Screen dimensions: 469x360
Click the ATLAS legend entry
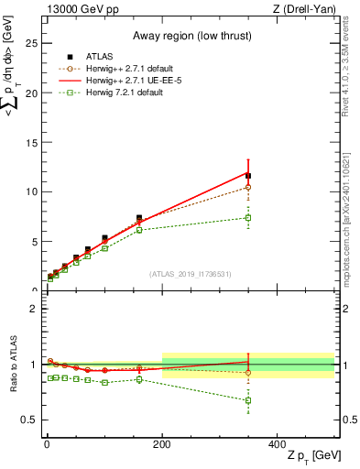[99, 55]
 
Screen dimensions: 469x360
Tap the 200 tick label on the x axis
[162, 444]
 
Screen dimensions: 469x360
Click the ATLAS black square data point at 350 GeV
[248, 175]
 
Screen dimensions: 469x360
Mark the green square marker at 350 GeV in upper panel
[248, 217]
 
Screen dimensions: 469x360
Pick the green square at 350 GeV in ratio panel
[248, 400]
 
